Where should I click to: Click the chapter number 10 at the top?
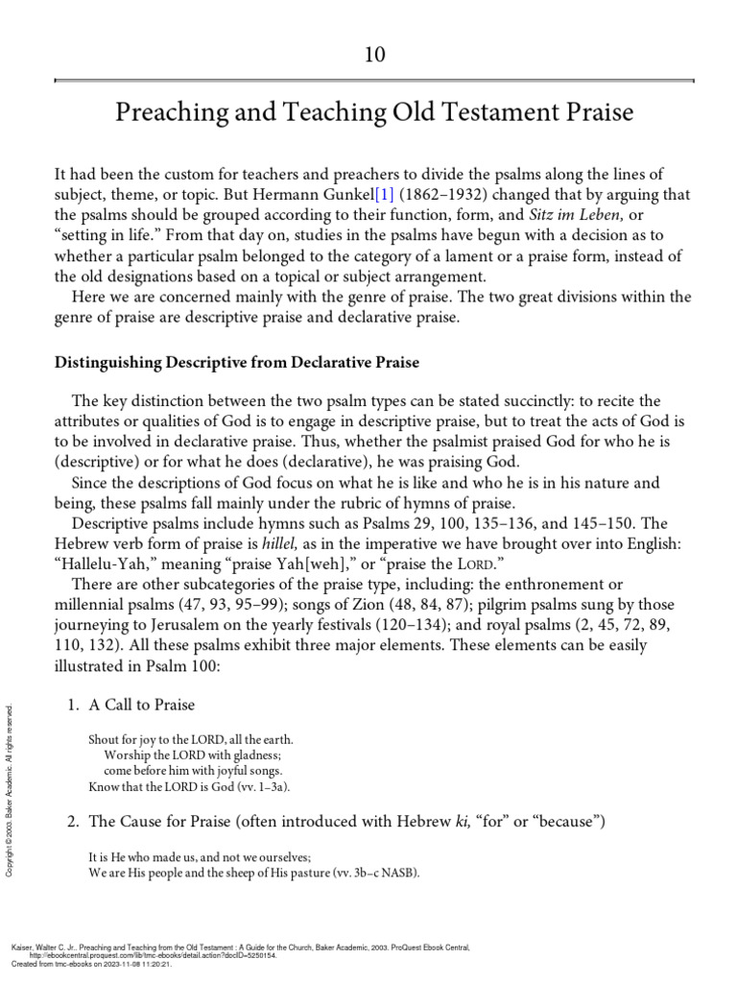373,55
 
